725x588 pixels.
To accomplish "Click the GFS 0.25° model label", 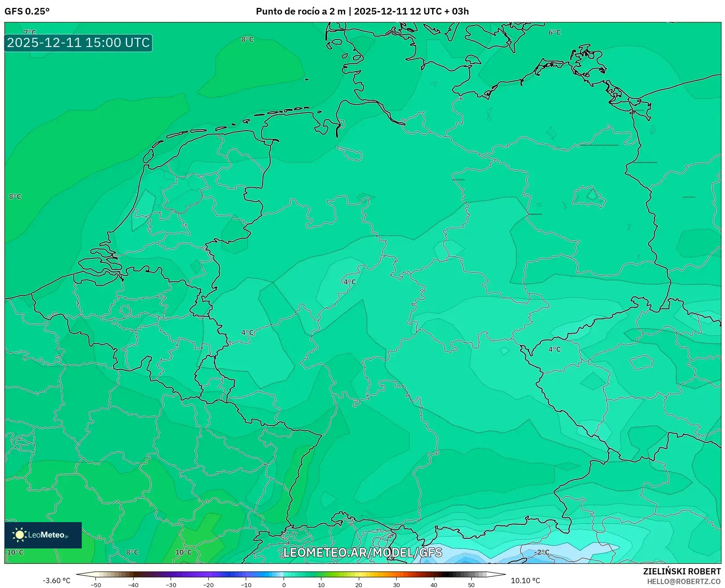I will point(27,11).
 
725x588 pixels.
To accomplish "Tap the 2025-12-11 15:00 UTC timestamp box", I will point(78,43).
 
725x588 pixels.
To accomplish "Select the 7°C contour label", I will point(30,32).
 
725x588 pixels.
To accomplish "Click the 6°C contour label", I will point(554,32).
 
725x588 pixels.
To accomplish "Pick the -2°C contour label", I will point(542,552).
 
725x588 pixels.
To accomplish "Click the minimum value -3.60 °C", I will point(56,581).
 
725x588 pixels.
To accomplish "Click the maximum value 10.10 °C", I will point(525,581).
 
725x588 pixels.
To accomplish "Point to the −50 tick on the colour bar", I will point(95,585).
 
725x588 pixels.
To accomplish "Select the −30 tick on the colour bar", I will point(171,585).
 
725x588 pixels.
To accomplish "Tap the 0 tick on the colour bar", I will point(284,585).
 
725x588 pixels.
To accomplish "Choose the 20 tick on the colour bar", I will point(359,585).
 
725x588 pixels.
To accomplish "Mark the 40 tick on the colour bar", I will point(434,585).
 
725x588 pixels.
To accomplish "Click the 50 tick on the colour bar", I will point(471,585).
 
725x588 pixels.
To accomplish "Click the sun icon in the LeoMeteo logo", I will point(19,535).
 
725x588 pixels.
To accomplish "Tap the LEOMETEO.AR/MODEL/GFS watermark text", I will point(362,552).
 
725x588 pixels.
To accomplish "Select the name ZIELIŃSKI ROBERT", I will point(682,571).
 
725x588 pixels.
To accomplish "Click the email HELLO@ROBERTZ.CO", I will point(684,581).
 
